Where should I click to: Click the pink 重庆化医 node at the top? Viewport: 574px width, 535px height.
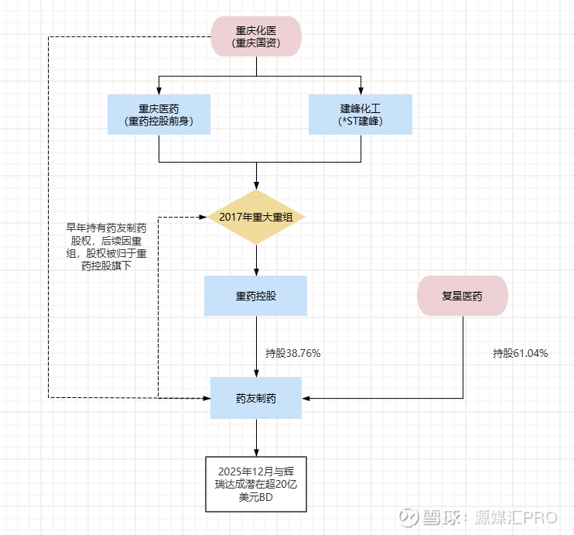coord(256,36)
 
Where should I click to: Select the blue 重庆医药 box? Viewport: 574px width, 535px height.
coord(159,115)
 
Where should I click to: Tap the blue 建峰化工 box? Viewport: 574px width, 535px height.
coord(360,115)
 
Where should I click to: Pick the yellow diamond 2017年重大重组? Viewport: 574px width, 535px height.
coord(256,217)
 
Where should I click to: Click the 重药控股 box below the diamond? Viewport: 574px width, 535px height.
coord(256,296)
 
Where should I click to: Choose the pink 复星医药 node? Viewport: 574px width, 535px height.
coord(463,296)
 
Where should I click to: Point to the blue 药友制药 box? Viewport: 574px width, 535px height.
coord(256,398)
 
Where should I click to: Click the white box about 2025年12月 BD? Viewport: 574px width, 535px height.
coord(256,484)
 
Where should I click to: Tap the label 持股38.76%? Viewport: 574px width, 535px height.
coord(293,353)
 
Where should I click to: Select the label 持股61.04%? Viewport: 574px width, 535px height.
coord(521,353)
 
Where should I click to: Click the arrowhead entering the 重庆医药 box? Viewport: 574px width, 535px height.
coord(159,91)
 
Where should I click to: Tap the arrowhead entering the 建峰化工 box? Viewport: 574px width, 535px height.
coord(360,91)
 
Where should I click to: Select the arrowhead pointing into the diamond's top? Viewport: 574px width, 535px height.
coord(256,186)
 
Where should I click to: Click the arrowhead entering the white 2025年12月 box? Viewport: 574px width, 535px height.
coord(256,452)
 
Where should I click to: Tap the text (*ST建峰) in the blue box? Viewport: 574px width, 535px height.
coord(360,122)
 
